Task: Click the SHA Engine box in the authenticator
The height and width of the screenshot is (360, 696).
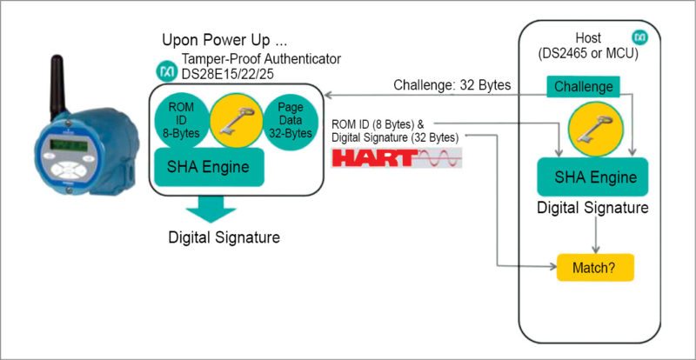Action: pos(209,165)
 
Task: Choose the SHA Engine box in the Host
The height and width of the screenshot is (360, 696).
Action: pos(592,177)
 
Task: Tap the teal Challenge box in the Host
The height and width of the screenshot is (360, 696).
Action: pos(583,87)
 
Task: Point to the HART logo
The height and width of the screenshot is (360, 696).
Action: pos(397,158)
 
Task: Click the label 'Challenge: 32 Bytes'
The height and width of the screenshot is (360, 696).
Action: pos(452,85)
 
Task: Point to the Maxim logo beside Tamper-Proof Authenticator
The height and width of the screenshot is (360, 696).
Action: pos(165,69)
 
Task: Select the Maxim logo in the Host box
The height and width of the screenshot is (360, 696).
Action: pos(639,39)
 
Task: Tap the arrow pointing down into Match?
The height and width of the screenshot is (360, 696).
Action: pos(595,238)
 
